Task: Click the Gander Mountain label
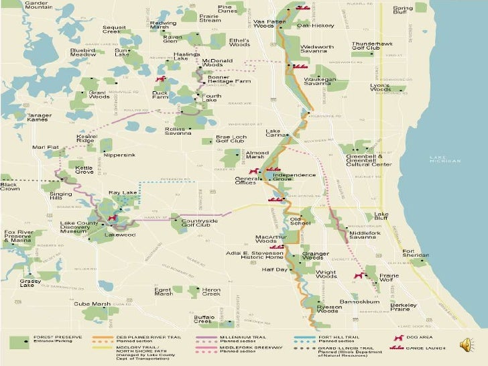[x=41, y=6]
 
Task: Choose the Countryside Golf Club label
[x=199, y=223]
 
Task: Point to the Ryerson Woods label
[x=327, y=308]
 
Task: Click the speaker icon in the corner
[x=466, y=345]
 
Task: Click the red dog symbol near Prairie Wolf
[x=359, y=275]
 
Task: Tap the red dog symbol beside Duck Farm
[x=161, y=78]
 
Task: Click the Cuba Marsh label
[x=92, y=304]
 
